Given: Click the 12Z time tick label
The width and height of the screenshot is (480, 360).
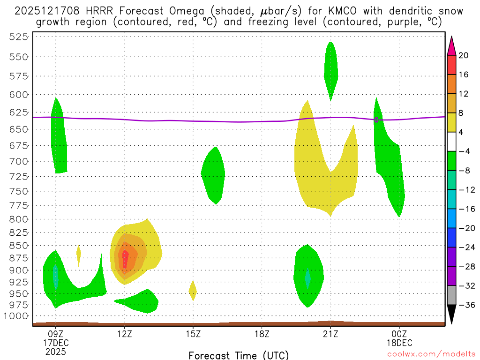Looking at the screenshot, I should coord(124,334).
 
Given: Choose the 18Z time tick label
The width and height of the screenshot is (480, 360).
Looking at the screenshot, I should coord(262,334).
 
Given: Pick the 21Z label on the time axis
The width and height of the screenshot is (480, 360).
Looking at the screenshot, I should coord(330,334).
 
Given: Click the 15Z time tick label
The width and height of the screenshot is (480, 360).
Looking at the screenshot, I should coord(193,334).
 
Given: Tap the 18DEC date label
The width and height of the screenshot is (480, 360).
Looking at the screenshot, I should coord(399,343).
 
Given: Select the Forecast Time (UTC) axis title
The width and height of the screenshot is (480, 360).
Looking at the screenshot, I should coord(239,355).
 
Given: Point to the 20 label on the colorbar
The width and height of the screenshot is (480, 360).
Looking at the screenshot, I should coord(464,56).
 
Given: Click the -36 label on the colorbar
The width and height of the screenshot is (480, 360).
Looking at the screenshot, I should coord(465,305).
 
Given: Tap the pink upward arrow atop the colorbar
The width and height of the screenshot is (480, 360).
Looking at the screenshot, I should coord(451,45).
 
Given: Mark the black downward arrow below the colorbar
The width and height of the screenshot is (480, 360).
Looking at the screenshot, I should coord(451,315).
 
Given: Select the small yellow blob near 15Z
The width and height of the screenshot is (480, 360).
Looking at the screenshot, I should coord(192,291).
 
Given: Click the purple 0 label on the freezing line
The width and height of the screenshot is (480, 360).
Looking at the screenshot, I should coord(376,120).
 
